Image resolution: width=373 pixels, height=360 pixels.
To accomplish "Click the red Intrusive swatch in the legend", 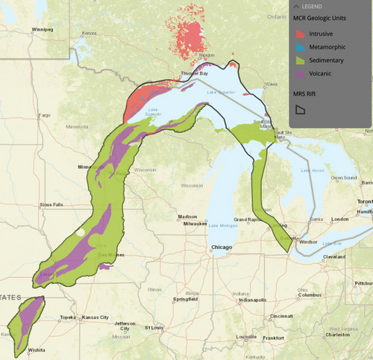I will click(298, 34).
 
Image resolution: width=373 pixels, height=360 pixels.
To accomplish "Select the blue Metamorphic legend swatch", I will click(298, 47).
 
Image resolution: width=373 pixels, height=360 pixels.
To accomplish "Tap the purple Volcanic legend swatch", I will click(298, 73).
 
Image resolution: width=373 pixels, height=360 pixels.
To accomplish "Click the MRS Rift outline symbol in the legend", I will click(300, 109).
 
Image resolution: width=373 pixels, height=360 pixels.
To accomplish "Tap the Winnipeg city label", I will click(43, 31).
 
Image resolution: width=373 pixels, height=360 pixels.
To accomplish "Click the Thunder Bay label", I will click(195, 73).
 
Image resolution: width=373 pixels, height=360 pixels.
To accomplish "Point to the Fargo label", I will click(44, 116).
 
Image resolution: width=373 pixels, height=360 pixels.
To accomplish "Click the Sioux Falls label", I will click(53, 204).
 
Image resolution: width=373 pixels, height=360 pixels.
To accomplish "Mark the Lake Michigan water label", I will click(223, 226).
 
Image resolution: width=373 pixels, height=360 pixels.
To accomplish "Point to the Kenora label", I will click(90, 33).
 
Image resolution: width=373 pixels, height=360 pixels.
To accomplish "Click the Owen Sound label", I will click(345, 177).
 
